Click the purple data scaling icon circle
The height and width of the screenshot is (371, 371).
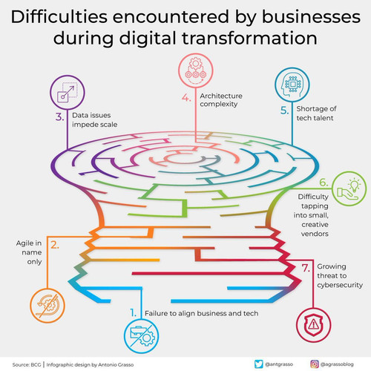[68, 93]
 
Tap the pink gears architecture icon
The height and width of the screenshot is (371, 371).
[196, 70]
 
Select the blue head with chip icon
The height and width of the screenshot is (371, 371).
[292, 85]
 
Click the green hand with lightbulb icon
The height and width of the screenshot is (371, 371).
[349, 188]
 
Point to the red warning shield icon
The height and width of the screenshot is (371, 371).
[313, 325]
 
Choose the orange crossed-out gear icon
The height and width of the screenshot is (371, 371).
[47, 306]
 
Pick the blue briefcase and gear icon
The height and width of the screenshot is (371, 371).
[142, 336]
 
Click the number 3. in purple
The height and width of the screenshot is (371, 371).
[59, 117]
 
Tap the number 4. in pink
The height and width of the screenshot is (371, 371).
[186, 98]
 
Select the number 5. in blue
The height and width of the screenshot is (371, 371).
[284, 111]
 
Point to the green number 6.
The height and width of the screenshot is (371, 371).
[324, 183]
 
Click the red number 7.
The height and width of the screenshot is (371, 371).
[306, 268]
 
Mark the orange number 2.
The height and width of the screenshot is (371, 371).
[55, 245]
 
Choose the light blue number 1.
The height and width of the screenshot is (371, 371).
[134, 312]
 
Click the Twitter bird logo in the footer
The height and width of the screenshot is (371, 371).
[259, 364]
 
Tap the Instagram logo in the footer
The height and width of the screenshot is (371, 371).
[315, 364]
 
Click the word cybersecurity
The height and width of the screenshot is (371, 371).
[340, 285]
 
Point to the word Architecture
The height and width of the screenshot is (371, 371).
[221, 96]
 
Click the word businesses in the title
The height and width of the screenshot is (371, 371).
[311, 17]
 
